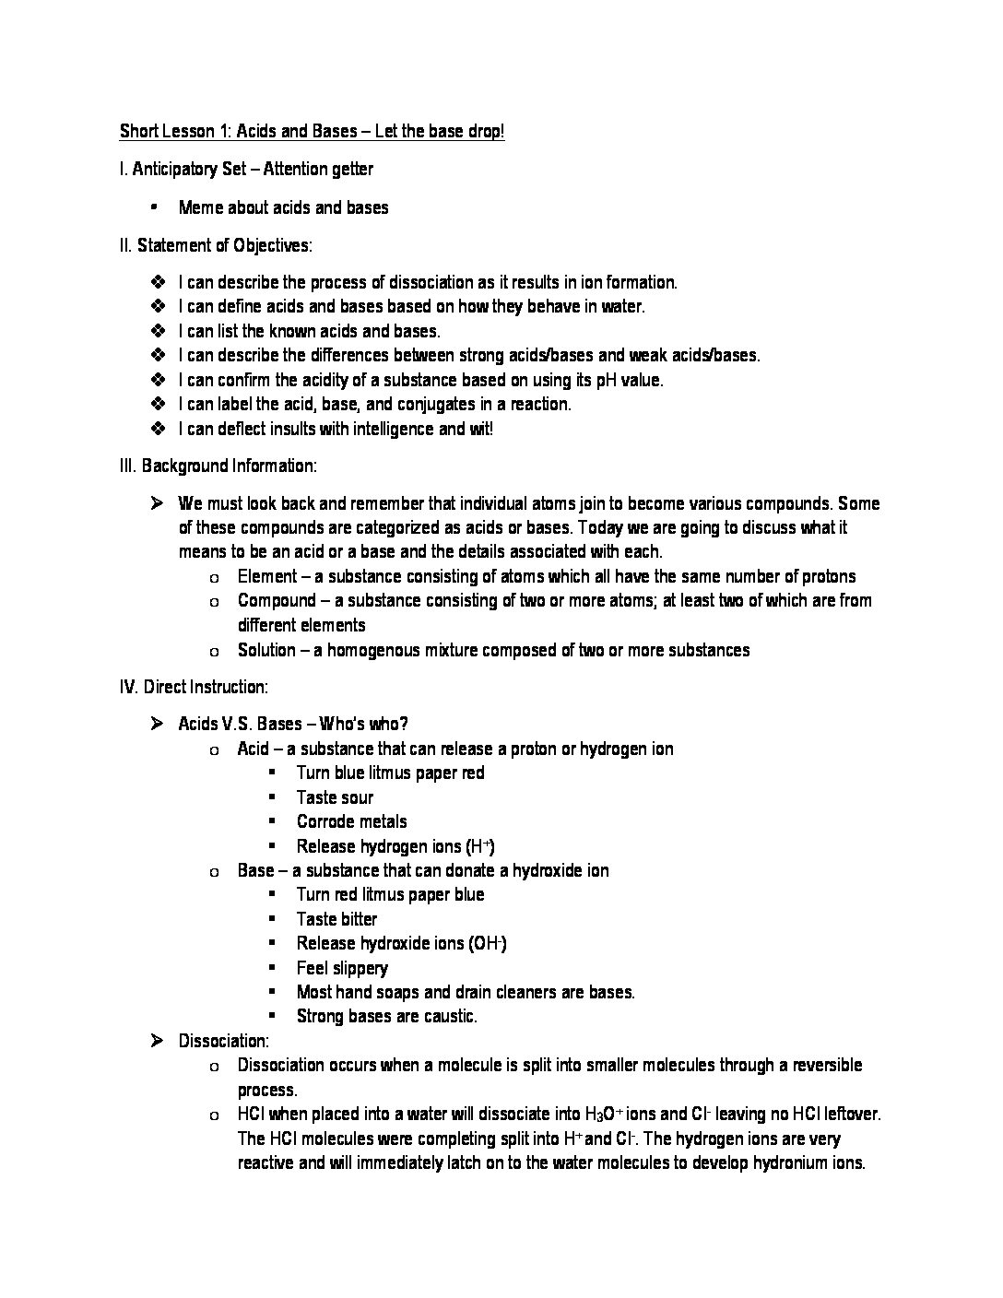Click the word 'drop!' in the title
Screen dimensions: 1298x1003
[x=481, y=131]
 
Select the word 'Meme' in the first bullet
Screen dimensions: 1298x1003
[x=200, y=207]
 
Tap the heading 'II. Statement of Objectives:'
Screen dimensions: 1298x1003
[x=216, y=245]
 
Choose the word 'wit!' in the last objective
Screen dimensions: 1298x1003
[x=479, y=429]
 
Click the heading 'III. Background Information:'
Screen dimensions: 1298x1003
[x=218, y=466]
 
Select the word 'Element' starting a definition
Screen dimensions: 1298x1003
[x=267, y=576]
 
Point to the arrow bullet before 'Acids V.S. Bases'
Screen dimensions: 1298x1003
[x=157, y=724]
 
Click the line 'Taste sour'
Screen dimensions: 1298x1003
[x=335, y=797]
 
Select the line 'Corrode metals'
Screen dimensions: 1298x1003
[x=351, y=821]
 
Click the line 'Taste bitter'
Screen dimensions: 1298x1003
[x=336, y=919]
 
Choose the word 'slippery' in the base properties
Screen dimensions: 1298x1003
[x=356, y=968]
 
